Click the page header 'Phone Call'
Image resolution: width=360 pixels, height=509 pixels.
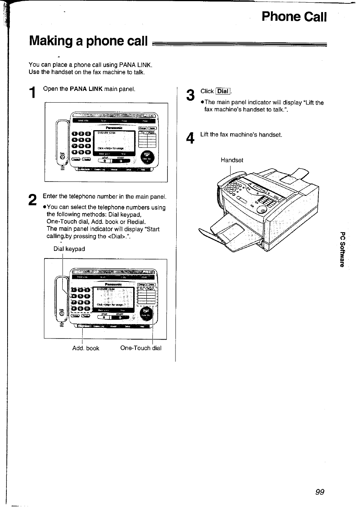coord(294,17)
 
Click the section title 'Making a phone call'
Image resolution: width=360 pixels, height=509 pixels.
coord(88,41)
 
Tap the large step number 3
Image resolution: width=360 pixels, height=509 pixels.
coord(191,95)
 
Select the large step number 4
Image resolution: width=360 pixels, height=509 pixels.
coord(191,138)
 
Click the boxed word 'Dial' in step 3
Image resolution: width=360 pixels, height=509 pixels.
coord(223,91)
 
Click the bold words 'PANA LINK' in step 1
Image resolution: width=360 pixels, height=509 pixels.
coord(86,89)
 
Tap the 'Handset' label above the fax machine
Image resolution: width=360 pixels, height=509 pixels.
coord(232,160)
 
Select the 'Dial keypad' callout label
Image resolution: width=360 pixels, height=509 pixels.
coord(69,249)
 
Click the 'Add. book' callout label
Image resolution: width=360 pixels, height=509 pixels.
coord(86,348)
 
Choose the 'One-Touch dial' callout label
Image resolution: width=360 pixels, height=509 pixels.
coord(141,348)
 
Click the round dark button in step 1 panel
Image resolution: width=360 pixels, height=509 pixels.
coord(147,158)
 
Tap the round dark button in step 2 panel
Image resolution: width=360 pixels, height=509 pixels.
coord(146,314)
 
